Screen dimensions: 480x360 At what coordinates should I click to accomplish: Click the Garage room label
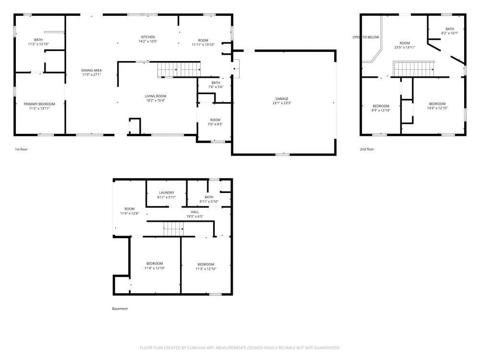(282, 98)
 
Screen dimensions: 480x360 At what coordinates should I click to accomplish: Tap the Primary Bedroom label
(39, 104)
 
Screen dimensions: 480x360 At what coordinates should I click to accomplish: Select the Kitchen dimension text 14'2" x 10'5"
(148, 41)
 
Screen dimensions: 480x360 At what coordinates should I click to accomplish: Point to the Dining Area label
(92, 71)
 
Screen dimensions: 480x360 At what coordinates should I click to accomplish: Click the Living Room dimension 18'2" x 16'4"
(156, 100)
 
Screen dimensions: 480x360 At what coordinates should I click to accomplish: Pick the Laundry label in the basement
(167, 192)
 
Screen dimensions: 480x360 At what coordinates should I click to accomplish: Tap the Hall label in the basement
(195, 212)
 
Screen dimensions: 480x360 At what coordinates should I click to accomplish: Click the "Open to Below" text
(366, 37)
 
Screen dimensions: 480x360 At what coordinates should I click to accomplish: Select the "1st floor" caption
(21, 149)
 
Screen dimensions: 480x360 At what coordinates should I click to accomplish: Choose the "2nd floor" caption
(367, 149)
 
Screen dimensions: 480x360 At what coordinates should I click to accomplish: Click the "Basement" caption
(120, 309)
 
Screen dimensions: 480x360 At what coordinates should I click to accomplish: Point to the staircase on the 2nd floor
(414, 69)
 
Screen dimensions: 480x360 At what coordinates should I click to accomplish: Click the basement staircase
(174, 228)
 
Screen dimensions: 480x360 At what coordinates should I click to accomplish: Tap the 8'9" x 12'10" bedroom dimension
(381, 110)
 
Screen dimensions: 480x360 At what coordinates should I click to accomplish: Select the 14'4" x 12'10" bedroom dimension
(437, 108)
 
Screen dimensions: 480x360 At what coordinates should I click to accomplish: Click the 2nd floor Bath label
(450, 29)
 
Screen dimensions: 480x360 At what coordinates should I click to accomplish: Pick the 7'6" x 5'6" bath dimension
(216, 87)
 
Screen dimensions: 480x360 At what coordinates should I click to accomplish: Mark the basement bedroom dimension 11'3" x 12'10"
(206, 269)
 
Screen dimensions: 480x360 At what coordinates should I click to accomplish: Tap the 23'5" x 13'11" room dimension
(405, 48)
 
